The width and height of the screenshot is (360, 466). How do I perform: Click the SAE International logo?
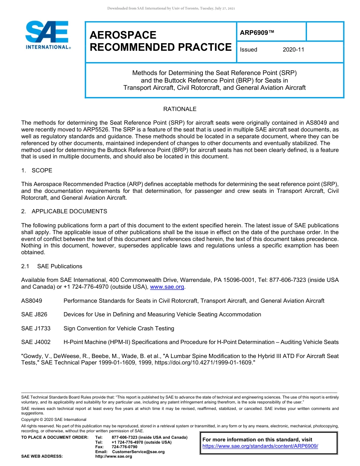click(47, 35)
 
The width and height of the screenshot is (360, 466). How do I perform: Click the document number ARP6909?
click(257, 33)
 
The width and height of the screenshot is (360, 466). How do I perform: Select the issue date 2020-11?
click(293, 50)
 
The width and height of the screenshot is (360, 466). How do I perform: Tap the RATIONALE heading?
click(180, 109)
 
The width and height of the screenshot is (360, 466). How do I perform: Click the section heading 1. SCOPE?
click(37, 170)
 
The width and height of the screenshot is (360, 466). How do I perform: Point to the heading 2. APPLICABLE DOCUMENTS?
click(64, 211)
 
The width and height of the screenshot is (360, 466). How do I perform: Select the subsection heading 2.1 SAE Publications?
click(52, 266)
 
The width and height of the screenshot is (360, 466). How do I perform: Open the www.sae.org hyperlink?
click(167, 287)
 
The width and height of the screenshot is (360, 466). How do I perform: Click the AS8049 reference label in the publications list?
click(32, 301)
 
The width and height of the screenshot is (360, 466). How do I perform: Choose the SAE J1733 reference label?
click(36, 328)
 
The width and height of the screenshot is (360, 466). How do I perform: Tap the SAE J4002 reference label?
click(36, 342)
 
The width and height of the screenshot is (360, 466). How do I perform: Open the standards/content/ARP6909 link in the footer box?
click(260, 446)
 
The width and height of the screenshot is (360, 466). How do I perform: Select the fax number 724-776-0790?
click(124, 447)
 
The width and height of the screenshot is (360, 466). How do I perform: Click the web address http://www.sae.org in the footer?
click(114, 457)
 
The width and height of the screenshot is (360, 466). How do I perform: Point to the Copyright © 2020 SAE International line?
click(54, 420)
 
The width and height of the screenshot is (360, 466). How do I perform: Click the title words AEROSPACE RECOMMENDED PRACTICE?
click(160, 41)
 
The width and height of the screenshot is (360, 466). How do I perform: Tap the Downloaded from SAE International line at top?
click(171, 8)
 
